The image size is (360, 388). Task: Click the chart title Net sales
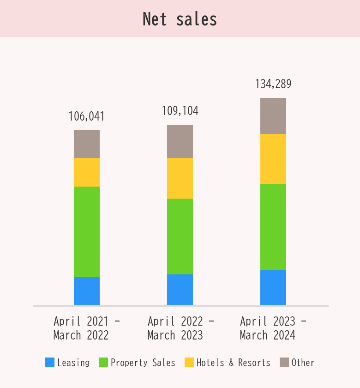(x=180, y=19)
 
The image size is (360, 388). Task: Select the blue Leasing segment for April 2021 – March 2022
(x=87, y=291)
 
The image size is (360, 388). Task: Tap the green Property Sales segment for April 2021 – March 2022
(x=87, y=232)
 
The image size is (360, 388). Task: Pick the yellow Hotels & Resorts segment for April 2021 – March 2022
(x=87, y=172)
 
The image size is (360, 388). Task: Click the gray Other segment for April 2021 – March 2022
(x=87, y=144)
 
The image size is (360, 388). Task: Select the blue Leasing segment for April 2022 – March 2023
(x=180, y=290)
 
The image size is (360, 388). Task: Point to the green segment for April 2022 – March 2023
(x=180, y=236)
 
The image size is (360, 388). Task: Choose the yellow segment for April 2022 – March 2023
(x=180, y=178)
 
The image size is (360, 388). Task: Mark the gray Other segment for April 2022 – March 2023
(x=180, y=141)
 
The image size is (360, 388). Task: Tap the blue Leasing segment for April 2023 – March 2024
(x=273, y=287)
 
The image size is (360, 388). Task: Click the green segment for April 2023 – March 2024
(x=273, y=227)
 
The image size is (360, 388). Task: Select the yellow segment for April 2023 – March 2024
(x=273, y=159)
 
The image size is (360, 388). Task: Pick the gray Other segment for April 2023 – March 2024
(x=273, y=116)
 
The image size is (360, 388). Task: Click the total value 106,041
(x=87, y=116)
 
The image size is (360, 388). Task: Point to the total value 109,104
(x=180, y=111)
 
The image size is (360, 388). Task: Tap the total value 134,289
(x=273, y=84)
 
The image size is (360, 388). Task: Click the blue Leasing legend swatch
(x=50, y=363)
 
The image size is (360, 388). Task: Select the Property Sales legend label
(x=143, y=363)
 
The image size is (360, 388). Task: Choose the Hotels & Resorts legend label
(x=234, y=363)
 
